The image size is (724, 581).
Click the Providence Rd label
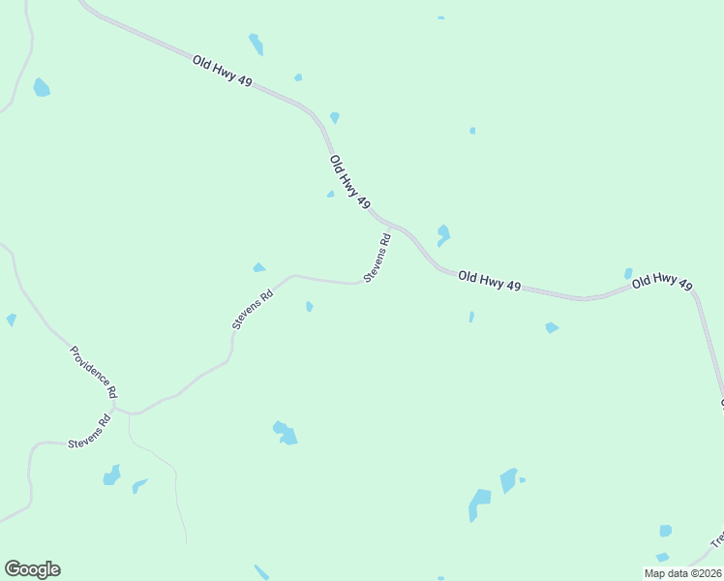coord(93,373)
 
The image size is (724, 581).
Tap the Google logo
coord(32,569)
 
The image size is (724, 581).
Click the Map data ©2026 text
coord(681,573)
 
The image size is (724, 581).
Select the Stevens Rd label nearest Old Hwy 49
coord(377,258)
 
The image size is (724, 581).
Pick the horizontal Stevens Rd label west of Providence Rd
coord(89,431)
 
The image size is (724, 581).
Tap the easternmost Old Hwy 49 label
coord(662,281)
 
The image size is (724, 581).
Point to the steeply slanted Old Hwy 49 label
coord(349,182)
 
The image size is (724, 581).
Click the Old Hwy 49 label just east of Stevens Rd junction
coord(489,282)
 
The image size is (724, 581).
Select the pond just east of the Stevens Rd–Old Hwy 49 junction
coord(442,234)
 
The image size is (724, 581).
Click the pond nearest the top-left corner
coord(41,88)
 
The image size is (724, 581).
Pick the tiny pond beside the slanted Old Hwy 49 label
coord(330,194)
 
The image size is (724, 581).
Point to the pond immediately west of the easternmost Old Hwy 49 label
coord(628,274)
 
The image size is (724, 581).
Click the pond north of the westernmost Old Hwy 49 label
coord(256,44)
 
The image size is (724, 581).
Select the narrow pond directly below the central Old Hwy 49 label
coord(471,317)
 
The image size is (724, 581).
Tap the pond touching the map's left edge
coord(11,320)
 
